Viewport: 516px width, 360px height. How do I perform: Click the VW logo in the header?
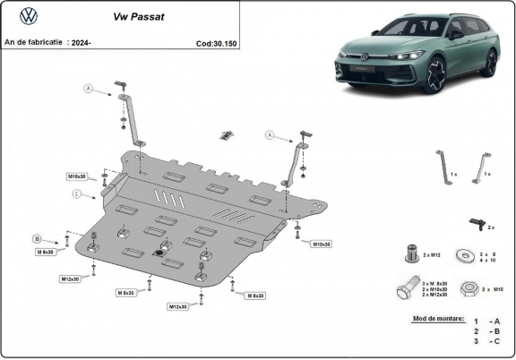[x=28, y=15]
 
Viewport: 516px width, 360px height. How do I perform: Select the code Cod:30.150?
[x=216, y=42]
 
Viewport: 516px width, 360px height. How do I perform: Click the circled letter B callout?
[x=38, y=238]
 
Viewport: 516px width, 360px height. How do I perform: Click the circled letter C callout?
[x=77, y=193]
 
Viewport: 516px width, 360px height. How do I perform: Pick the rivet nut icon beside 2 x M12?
[x=411, y=254]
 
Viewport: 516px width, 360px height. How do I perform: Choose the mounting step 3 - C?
[x=486, y=341]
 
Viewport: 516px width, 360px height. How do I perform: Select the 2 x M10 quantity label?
[x=493, y=290]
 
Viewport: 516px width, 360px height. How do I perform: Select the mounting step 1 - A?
[x=486, y=321]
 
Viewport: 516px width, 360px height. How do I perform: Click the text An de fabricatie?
[x=31, y=42]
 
